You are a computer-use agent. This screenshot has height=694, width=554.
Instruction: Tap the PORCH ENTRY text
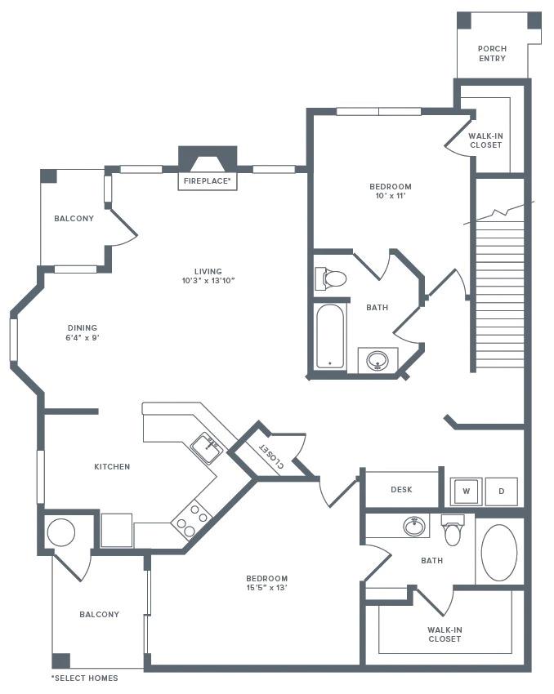[x=492, y=53]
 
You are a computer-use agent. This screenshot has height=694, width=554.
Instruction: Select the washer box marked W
[x=466, y=491]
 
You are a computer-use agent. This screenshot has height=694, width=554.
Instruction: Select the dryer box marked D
[x=501, y=491]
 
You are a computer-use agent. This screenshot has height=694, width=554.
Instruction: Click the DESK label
[x=401, y=490]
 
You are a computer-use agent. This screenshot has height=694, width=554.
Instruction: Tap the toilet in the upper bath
[x=331, y=278]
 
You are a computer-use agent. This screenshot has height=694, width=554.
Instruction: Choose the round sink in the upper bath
[x=378, y=359]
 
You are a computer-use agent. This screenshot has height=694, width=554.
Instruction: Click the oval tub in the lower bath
[x=498, y=552]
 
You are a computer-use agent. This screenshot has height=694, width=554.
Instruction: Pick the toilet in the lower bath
[x=453, y=532]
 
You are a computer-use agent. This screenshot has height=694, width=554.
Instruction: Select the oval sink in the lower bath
[x=416, y=527]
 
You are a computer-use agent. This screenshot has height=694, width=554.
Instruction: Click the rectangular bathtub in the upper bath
[x=331, y=335]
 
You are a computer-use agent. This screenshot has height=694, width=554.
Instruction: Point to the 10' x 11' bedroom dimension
[x=390, y=197]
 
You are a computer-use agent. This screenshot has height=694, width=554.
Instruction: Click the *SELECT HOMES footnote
[x=84, y=678]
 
